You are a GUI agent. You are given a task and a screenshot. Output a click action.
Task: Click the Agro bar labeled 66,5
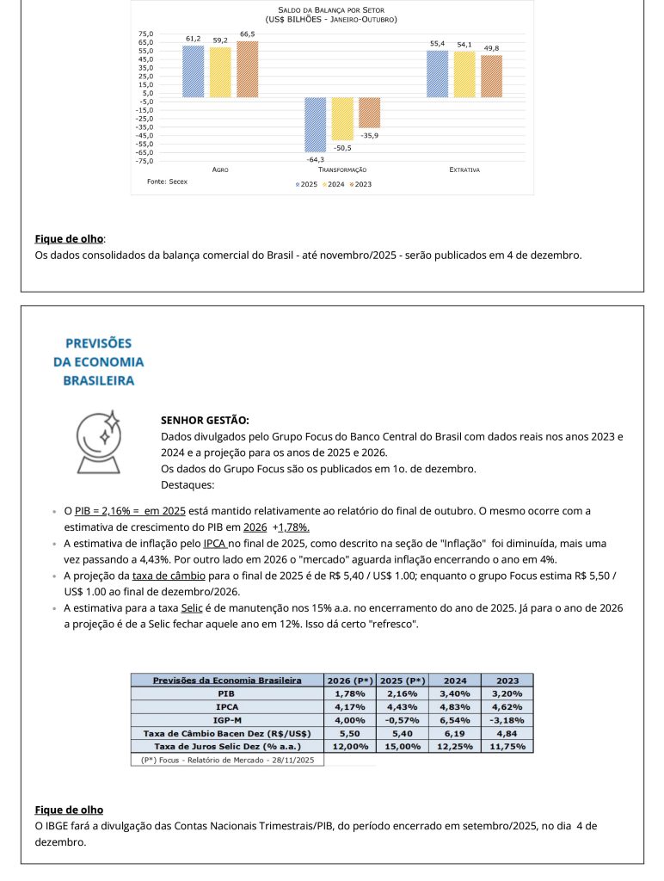[x=248, y=69]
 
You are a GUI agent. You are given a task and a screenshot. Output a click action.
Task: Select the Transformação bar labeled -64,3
[x=315, y=125]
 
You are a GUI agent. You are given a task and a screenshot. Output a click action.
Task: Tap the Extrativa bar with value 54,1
[x=464, y=74]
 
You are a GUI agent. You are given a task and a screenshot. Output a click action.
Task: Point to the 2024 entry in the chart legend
[x=335, y=184]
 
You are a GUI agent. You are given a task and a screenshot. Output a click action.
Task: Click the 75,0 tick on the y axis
[x=146, y=34]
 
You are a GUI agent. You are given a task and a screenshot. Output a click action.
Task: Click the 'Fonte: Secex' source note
[x=167, y=182]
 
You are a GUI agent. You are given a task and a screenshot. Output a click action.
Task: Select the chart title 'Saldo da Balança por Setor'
[x=331, y=9]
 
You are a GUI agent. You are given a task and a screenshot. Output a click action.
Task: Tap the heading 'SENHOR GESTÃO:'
[x=205, y=421]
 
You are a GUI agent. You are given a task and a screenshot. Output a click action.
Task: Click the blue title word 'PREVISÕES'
[x=98, y=342]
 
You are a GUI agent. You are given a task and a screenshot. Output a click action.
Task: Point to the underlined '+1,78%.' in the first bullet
[x=291, y=527]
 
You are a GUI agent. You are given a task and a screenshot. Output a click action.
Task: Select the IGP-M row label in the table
[x=227, y=719]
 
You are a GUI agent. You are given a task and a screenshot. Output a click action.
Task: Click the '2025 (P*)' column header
[x=403, y=680]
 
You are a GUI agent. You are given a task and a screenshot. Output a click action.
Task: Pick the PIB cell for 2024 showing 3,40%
[x=455, y=693]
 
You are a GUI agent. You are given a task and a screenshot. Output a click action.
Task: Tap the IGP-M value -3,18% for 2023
[x=507, y=719]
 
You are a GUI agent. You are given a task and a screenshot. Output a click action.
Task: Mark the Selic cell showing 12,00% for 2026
[x=351, y=746]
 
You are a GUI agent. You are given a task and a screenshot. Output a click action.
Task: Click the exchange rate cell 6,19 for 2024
[x=455, y=733]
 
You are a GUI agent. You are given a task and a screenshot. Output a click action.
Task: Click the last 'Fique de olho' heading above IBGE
[x=69, y=810]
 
